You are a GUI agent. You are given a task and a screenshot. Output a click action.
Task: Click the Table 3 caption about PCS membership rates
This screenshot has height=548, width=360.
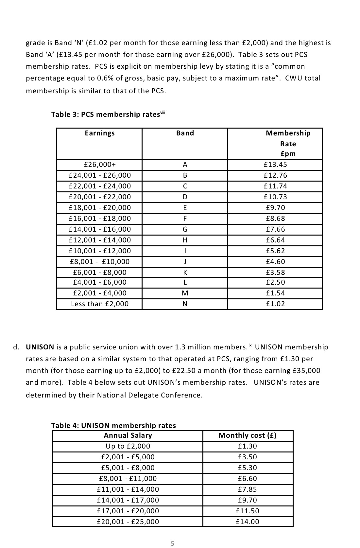[x=108, y=114]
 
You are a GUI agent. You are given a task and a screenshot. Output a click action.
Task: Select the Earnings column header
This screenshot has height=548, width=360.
[x=100, y=133]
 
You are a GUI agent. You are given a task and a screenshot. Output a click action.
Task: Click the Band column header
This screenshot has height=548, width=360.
[x=185, y=133]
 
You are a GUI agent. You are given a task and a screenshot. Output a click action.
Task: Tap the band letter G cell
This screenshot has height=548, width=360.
[x=185, y=229]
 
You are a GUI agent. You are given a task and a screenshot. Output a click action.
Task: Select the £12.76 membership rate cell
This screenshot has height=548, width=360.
[x=275, y=175]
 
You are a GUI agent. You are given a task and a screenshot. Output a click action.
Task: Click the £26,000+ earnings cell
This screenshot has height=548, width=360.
[x=100, y=165]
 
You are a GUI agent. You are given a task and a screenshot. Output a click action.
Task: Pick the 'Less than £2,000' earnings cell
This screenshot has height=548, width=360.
[x=100, y=304]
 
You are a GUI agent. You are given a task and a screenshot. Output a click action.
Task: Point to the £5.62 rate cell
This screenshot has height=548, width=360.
[x=275, y=251]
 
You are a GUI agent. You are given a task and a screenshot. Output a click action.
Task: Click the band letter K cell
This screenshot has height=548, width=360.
[x=185, y=273]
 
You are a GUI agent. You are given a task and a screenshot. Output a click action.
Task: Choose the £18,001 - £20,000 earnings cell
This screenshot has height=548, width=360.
[x=100, y=208]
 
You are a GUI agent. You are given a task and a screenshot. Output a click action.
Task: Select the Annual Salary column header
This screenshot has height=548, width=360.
[x=128, y=435]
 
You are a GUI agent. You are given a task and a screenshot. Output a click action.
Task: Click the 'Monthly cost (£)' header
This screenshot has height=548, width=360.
[x=248, y=435]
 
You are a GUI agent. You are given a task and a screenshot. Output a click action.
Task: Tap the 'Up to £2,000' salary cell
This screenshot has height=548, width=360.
[x=128, y=446]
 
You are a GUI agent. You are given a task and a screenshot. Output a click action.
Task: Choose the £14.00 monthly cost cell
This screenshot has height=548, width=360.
[x=248, y=521]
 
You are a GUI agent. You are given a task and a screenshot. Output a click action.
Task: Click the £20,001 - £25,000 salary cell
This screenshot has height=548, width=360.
[x=128, y=521]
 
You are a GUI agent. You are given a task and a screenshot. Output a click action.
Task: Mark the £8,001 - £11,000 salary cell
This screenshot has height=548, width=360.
[x=128, y=479]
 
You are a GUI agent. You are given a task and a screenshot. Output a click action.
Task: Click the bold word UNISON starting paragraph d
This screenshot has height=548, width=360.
[x=40, y=347]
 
